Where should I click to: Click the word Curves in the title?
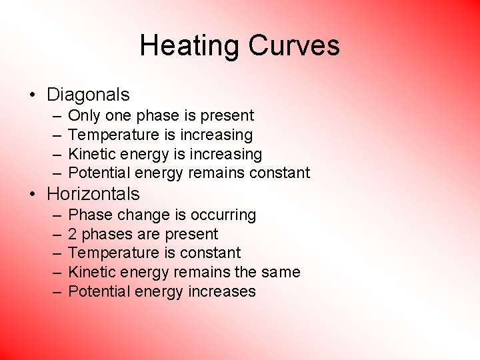(x=294, y=46)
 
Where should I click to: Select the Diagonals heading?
(x=88, y=95)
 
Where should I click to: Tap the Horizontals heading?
(x=93, y=194)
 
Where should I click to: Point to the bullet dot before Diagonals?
(x=32, y=95)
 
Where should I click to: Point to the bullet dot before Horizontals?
(x=32, y=194)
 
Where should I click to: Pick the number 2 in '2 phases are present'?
(x=73, y=234)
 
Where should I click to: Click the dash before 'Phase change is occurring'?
(x=53, y=215)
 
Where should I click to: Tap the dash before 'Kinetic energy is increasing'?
(x=53, y=155)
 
